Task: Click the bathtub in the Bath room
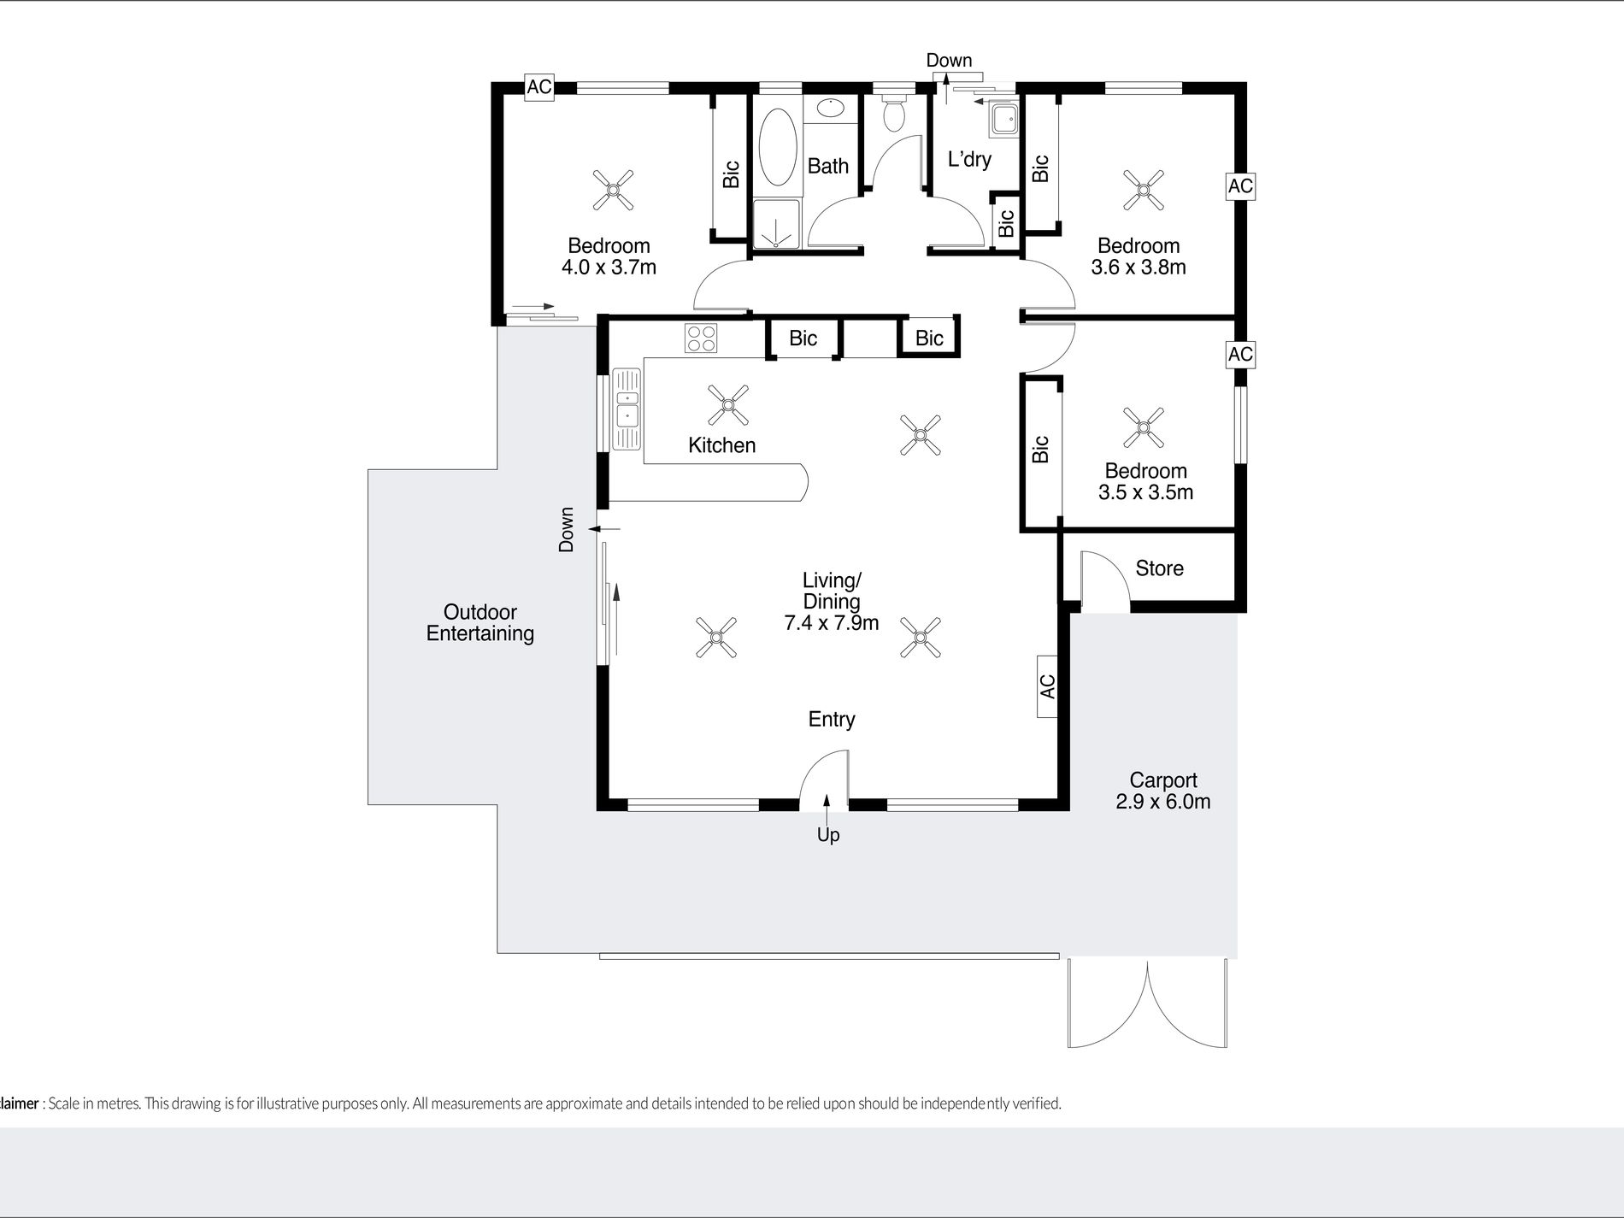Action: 778,146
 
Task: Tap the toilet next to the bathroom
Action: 894,111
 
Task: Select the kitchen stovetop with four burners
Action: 701,338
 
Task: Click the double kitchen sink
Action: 627,409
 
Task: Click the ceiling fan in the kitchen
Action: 728,405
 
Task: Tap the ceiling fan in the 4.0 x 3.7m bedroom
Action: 614,190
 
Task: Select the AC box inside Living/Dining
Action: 1047,686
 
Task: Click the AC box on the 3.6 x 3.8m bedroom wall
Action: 1240,186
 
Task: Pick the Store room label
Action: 1159,568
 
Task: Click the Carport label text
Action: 1163,780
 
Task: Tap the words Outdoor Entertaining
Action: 480,623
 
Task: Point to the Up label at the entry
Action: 828,835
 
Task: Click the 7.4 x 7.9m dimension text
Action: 832,623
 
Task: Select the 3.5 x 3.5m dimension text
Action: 1145,492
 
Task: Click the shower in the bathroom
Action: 777,224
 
